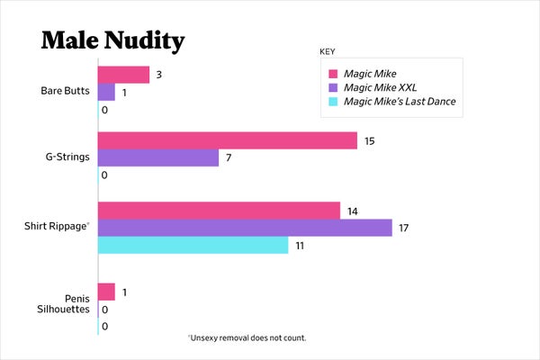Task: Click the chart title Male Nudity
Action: (112, 40)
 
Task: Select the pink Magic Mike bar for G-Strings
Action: (227, 140)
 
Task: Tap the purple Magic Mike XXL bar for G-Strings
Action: (158, 157)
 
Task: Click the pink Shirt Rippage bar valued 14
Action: (219, 211)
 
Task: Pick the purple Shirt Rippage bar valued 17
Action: (245, 228)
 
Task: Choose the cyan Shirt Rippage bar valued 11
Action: (193, 245)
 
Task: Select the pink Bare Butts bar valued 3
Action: (123, 75)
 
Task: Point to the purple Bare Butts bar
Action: (106, 92)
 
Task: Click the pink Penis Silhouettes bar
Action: (106, 292)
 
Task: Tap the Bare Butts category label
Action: (64, 91)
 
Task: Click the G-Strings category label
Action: (66, 157)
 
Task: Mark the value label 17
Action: (403, 229)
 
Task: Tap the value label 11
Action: (300, 246)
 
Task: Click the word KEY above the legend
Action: (328, 50)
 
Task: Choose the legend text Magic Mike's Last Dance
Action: (400, 102)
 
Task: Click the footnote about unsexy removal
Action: (247, 337)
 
